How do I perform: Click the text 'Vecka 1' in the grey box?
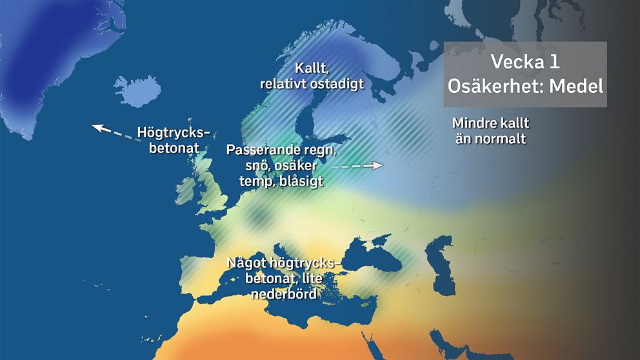(525, 63)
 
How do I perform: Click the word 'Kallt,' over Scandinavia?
(311, 68)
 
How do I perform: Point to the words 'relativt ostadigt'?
(312, 84)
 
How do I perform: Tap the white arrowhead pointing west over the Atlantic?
(99, 127)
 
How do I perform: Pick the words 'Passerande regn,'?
(281, 151)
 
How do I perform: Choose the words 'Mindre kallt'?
(494, 123)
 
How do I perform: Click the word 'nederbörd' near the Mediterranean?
(282, 294)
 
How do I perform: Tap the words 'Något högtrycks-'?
(282, 263)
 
